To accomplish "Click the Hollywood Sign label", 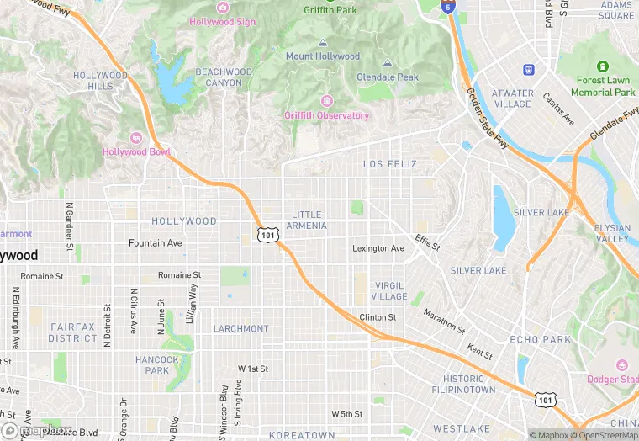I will pos(222,21).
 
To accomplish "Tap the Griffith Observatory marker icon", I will pos(326,101).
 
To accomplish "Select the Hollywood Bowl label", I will pos(136,151).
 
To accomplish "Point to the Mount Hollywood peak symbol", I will pos(323,43).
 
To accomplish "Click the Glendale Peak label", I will pos(387,77).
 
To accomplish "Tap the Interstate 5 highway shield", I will pos(449,8).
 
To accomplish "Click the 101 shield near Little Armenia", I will pos(267,234).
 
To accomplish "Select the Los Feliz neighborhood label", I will pos(389,164).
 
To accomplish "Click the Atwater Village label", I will pos(512,98).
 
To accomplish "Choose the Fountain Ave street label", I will pos(155,243).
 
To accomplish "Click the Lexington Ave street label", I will pos(378,248).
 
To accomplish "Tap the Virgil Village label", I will pos(390,291).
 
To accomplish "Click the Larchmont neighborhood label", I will pos(240,328).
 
